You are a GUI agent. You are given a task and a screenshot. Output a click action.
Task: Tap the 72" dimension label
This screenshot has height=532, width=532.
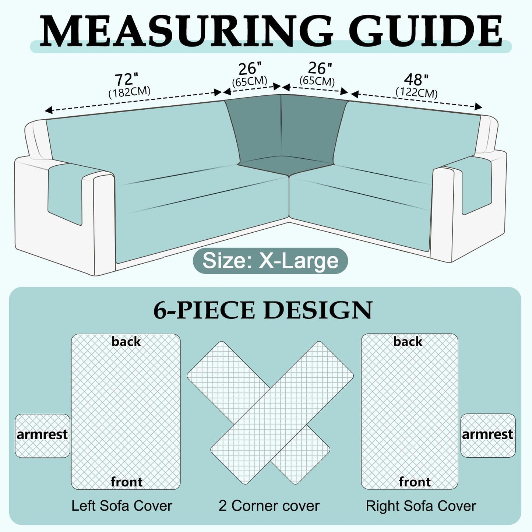click(x=126, y=80)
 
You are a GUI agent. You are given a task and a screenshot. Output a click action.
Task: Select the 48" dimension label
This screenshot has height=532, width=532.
click(x=416, y=80)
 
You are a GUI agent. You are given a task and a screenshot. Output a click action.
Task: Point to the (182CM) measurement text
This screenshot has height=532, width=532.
click(x=130, y=92)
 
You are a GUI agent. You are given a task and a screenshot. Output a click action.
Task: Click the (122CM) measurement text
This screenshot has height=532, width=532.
click(x=417, y=92)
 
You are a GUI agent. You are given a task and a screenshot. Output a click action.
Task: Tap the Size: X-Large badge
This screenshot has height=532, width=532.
click(x=270, y=261)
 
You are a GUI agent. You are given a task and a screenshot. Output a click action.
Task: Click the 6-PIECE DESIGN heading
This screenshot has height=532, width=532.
click(x=263, y=310)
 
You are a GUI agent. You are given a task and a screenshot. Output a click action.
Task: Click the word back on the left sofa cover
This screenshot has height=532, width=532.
click(x=126, y=342)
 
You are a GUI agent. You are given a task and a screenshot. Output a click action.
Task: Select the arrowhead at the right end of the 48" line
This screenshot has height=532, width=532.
click(x=479, y=106)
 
